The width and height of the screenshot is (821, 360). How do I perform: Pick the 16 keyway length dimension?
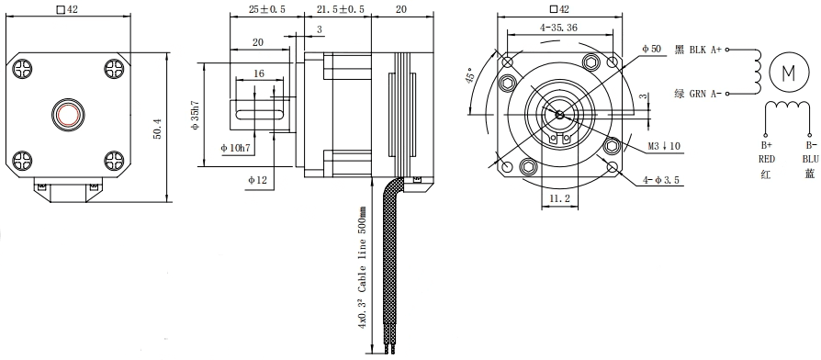point(259,73)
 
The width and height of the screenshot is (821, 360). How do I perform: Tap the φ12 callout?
point(258,181)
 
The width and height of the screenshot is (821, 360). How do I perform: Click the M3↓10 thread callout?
point(661,146)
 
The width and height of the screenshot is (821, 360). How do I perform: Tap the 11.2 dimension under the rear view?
point(560,197)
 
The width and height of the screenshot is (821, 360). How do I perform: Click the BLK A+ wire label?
point(705,51)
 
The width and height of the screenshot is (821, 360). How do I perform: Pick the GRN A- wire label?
point(705,92)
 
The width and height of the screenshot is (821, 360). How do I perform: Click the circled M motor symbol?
point(787,71)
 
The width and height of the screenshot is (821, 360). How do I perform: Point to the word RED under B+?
point(767,158)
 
